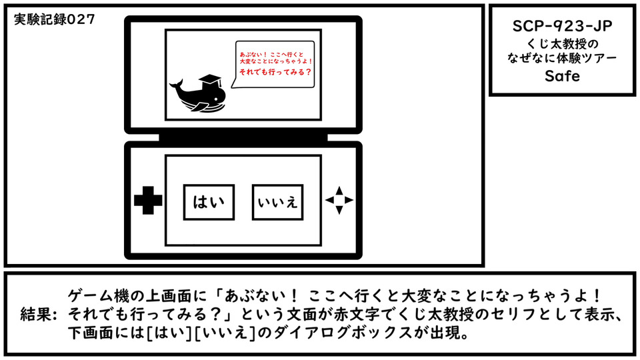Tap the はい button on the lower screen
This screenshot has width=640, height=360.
tap(209, 202)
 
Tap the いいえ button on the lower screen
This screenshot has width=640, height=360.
tap(277, 202)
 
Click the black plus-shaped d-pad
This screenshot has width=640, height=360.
tap(148, 200)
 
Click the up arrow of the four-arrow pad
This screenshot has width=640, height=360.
tap(339, 190)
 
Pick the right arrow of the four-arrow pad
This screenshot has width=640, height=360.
tap(349, 200)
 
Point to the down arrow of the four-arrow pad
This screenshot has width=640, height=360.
tap(339, 210)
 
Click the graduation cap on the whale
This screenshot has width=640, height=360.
tap(210, 81)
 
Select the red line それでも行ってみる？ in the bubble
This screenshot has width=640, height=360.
tap(275, 72)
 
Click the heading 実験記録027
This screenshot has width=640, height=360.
tap(54, 19)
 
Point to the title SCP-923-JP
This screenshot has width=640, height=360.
tap(562, 26)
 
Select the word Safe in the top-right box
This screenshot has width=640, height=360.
tap(562, 76)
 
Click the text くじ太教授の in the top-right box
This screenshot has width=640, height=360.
tap(562, 43)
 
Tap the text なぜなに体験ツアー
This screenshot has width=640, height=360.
tap(562, 58)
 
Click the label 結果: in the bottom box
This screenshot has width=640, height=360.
tap(39, 314)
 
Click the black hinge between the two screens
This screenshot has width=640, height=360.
tap(243, 137)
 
